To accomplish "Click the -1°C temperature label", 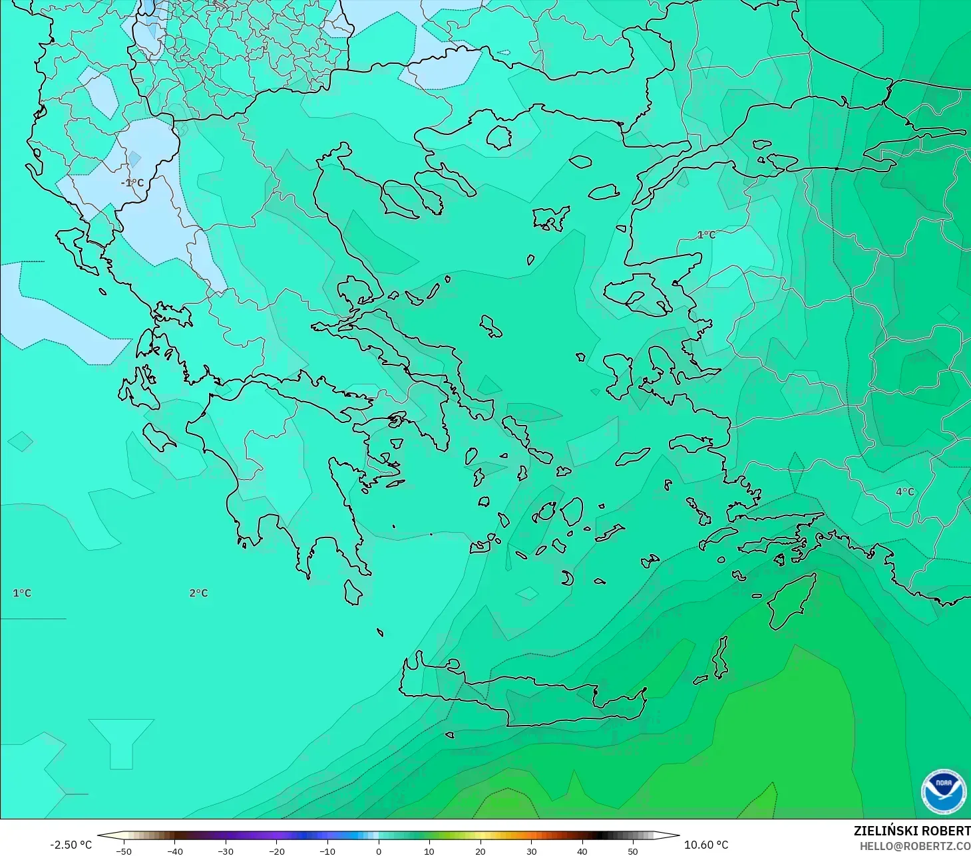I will click(x=132, y=183).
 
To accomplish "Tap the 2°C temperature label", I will click(x=198, y=593).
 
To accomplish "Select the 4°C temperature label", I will click(x=905, y=492).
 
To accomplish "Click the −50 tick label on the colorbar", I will click(x=124, y=851).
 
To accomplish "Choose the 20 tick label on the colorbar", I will click(x=481, y=851).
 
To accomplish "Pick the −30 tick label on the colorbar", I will click(x=226, y=851).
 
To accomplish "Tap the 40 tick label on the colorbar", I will click(x=582, y=851).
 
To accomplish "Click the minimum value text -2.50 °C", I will click(x=71, y=845).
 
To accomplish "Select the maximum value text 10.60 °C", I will click(x=706, y=845).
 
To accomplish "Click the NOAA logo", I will click(x=943, y=791).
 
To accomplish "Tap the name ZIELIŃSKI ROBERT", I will click(x=912, y=831).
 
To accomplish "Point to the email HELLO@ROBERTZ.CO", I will click(x=915, y=846).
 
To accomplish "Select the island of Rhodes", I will click(x=790, y=605).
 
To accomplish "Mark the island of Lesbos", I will click(x=636, y=293).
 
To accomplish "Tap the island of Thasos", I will click(x=498, y=138).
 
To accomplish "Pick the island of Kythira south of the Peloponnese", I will click(x=353, y=593).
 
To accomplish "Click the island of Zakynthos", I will click(x=158, y=436).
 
